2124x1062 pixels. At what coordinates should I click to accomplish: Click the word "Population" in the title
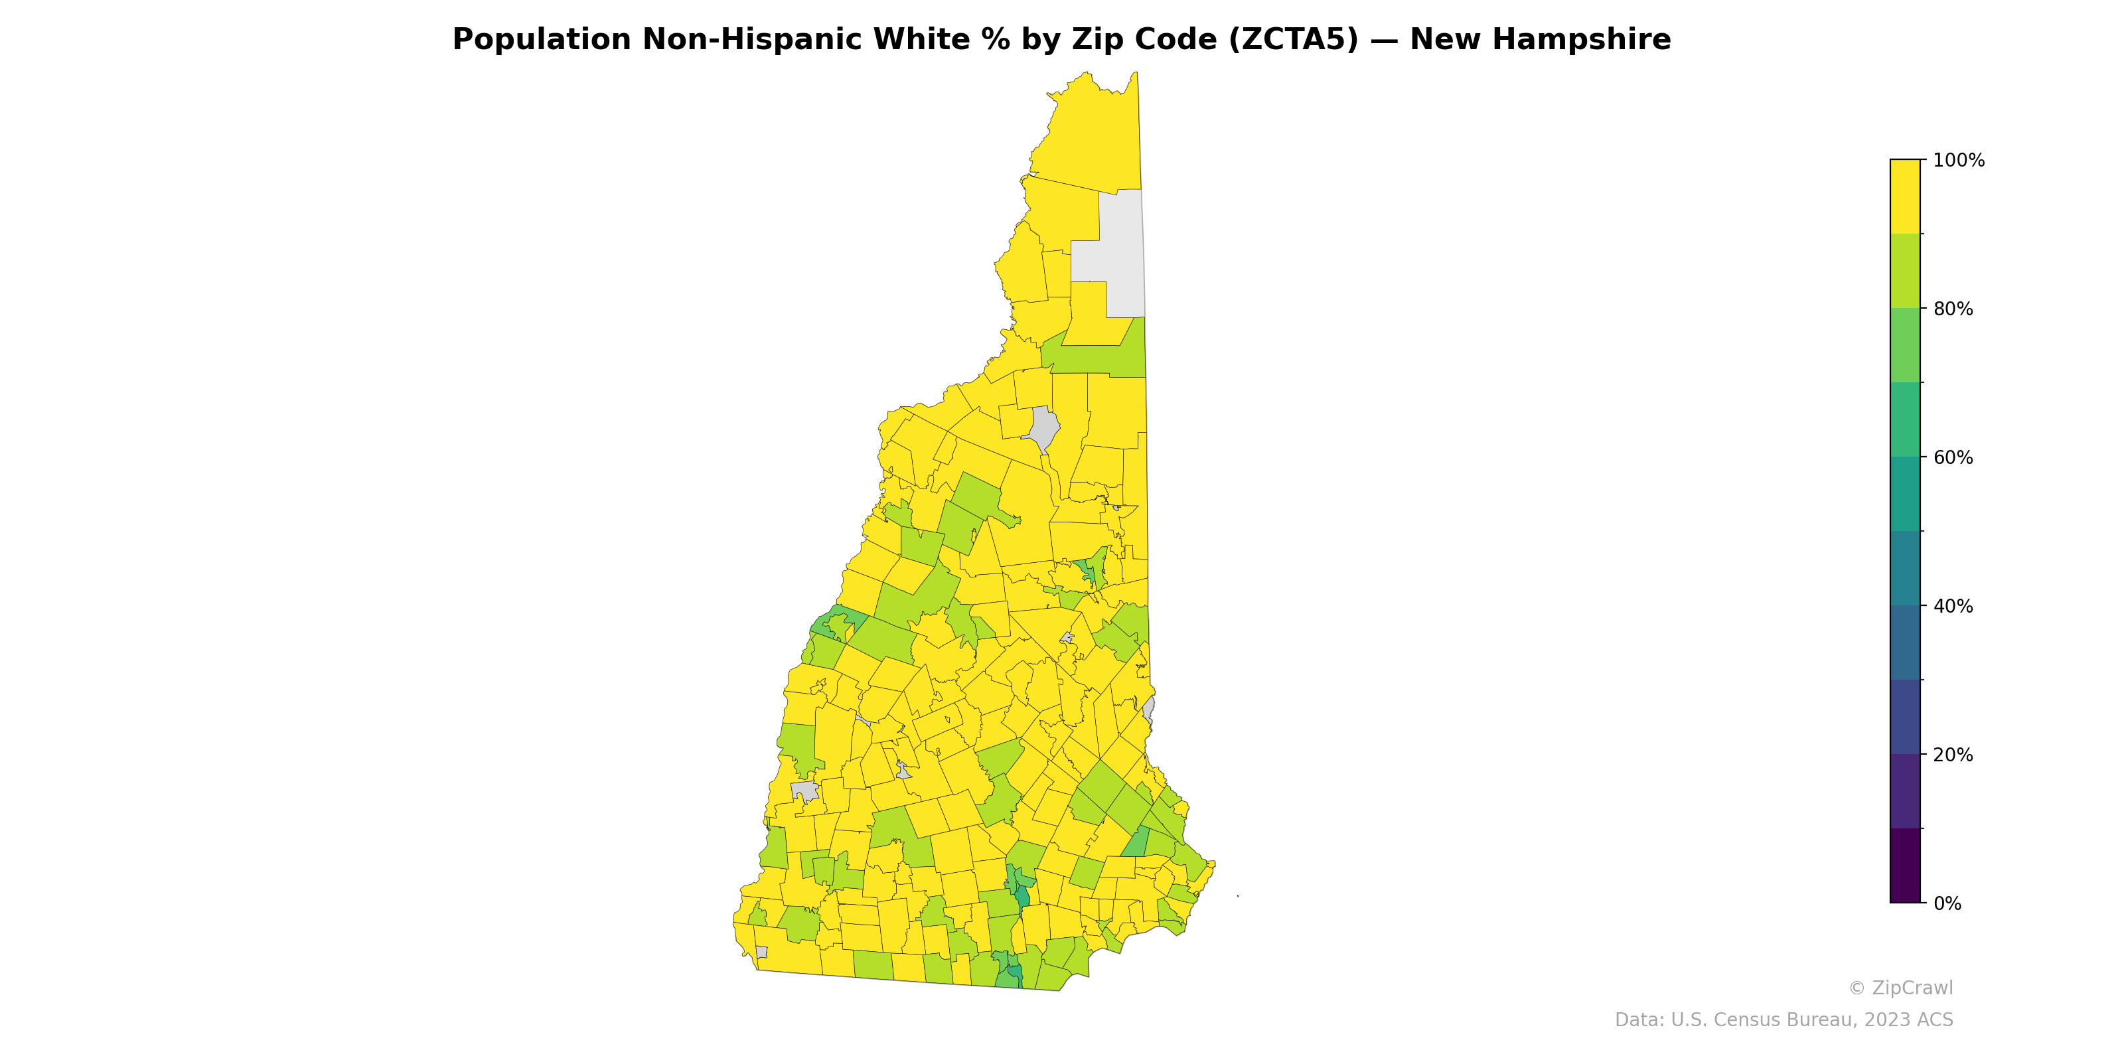pyautogui.click(x=542, y=40)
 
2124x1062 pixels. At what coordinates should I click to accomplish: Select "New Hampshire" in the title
pyautogui.click(x=1540, y=40)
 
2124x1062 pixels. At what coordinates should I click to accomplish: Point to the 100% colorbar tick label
pyautogui.click(x=1958, y=161)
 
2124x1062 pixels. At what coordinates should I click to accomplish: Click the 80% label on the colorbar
pyautogui.click(x=1953, y=309)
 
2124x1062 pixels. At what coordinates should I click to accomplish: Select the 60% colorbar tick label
pyautogui.click(x=1953, y=457)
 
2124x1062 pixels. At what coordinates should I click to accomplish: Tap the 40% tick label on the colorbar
pyautogui.click(x=1953, y=606)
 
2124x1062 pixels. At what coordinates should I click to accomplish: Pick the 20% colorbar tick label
pyautogui.click(x=1953, y=755)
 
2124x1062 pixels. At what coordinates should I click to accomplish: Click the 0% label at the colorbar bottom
pyautogui.click(x=1947, y=903)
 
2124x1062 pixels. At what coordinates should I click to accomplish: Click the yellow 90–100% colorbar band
pyautogui.click(x=1905, y=196)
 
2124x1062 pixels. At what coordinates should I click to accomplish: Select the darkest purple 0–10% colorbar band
pyautogui.click(x=1905, y=866)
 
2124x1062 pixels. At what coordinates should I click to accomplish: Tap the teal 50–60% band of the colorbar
pyautogui.click(x=1905, y=494)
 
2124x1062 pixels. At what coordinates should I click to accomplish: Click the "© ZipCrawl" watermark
pyautogui.click(x=1900, y=988)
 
